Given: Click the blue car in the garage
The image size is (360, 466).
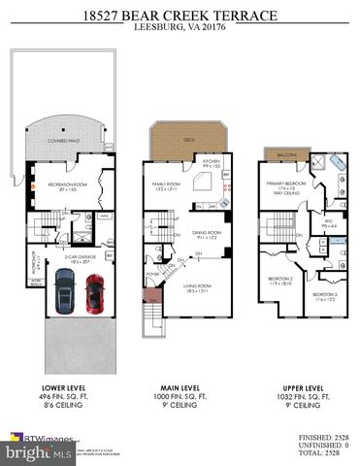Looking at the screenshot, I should click(x=64, y=289).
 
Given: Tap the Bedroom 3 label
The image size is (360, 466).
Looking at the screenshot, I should click(x=325, y=294).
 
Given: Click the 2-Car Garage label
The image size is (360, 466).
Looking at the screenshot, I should click(x=78, y=257).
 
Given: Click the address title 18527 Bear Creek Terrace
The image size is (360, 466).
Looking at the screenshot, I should click(x=180, y=16).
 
